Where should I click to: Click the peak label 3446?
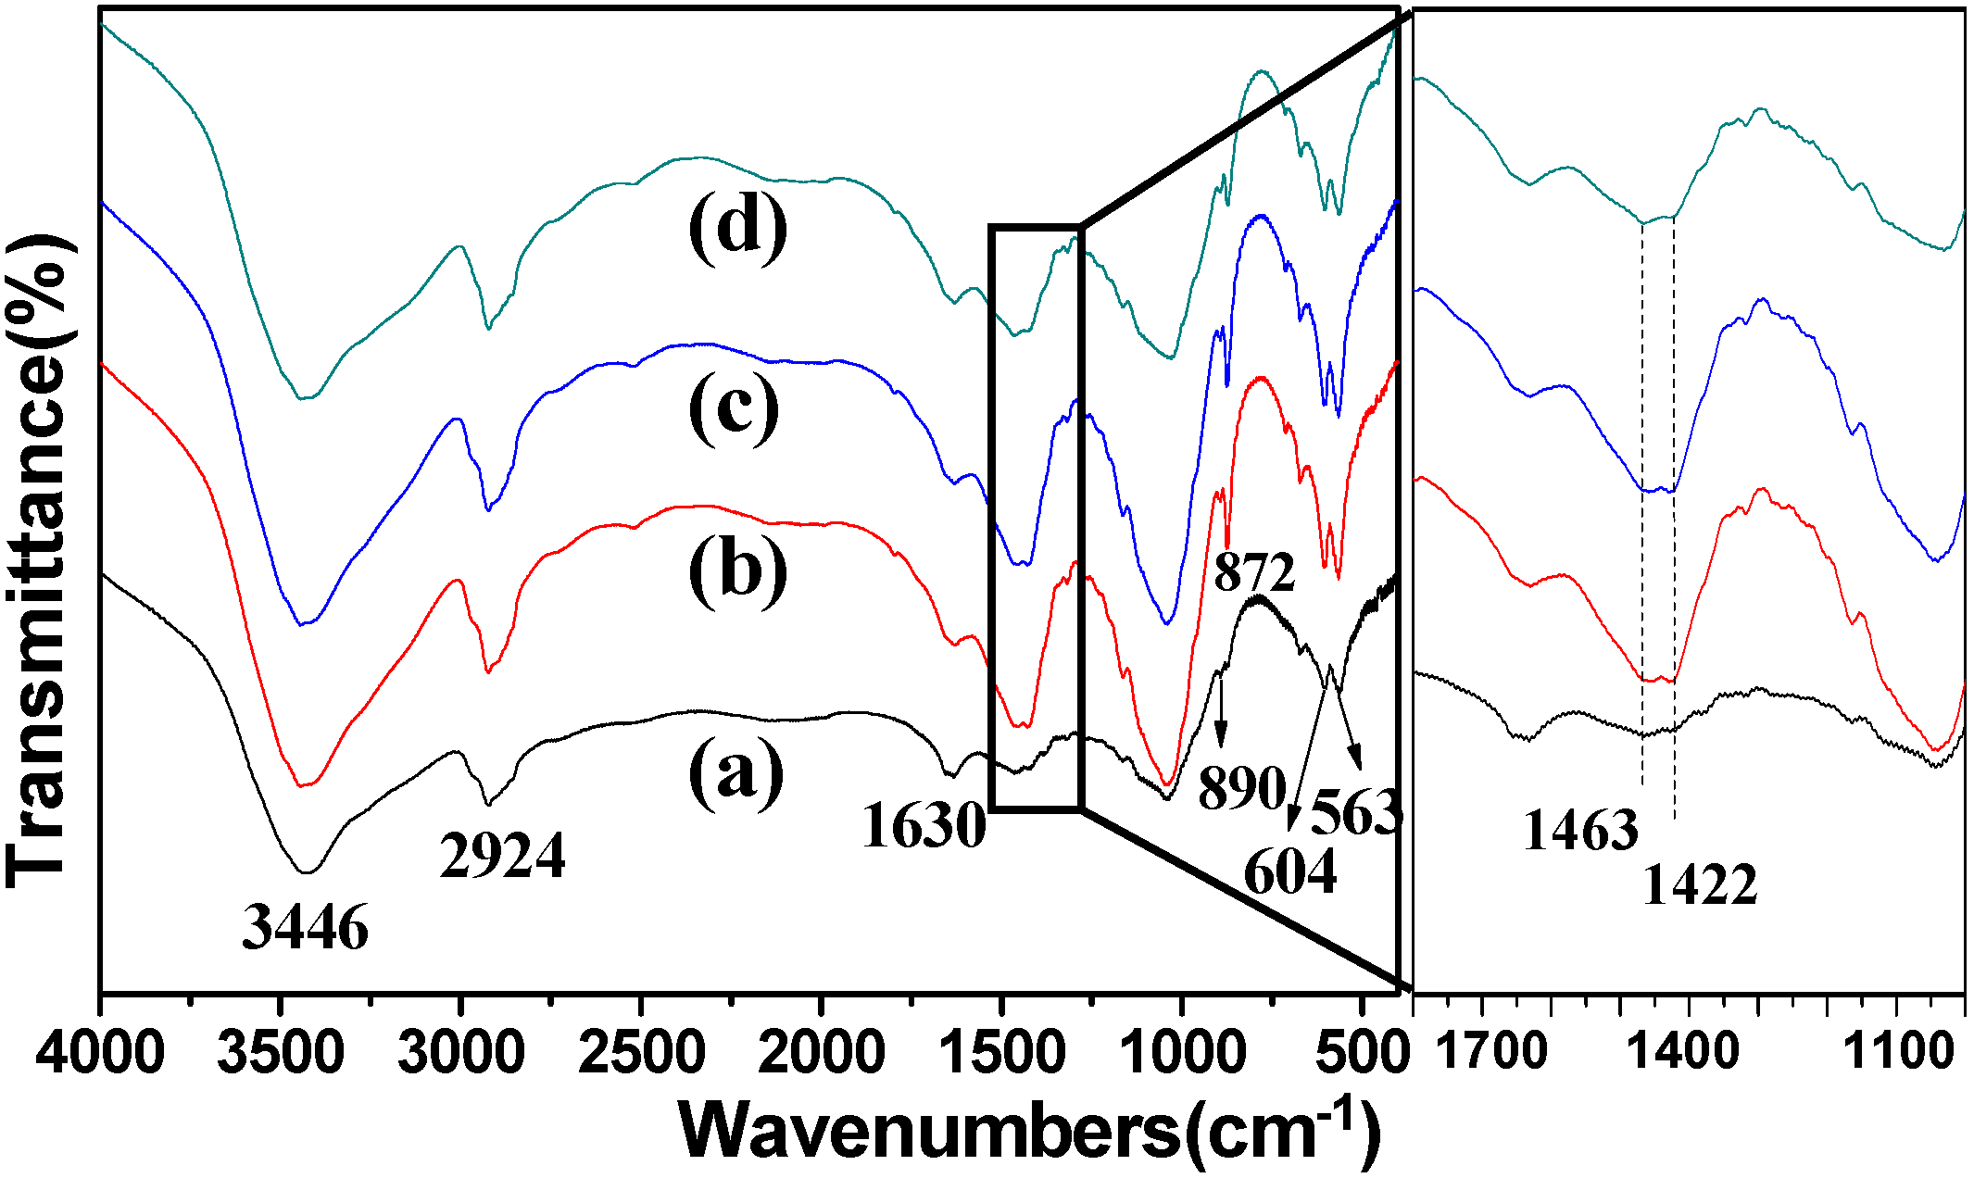tap(305, 926)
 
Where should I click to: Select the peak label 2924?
tap(502, 855)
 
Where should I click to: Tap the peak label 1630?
tap(924, 825)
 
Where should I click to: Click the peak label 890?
tap(1241, 788)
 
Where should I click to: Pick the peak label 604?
tap(1289, 871)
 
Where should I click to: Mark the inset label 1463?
tap(1580, 829)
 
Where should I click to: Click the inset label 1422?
tap(1700, 884)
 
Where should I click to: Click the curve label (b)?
tap(737, 570)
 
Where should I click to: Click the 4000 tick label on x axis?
tap(101, 1054)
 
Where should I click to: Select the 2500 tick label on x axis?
tap(641, 1054)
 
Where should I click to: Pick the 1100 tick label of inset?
tap(1896, 1054)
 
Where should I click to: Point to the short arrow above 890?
tap(1221, 713)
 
